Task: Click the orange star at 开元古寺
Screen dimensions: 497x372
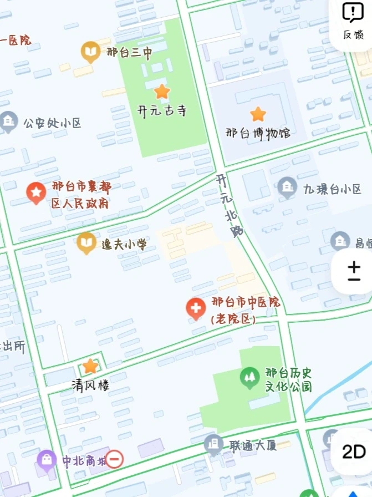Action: coord(161,92)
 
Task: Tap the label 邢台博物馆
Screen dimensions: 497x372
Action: coord(258,134)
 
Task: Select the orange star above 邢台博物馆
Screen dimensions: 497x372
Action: coord(258,114)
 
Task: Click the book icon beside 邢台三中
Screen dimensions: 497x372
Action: coord(90,52)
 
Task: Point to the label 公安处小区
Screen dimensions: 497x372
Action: coord(52,123)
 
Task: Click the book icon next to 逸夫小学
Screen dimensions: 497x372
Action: coord(86,243)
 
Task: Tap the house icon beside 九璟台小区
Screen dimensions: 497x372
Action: coord(287,187)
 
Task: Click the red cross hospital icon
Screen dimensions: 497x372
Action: coord(196,308)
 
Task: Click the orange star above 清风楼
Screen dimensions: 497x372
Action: coord(90,366)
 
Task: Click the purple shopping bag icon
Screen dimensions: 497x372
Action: coord(47,460)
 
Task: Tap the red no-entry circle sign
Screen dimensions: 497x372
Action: coord(114,459)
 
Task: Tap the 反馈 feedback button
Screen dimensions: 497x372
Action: coord(353,21)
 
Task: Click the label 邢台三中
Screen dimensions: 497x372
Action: coord(129,53)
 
